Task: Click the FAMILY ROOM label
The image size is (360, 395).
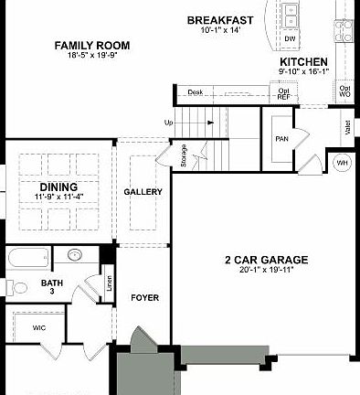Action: coord(91,45)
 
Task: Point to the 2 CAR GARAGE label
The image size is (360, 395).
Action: coord(266,260)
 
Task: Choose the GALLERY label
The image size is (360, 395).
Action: coord(143,192)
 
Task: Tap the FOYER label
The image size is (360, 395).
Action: coord(145,297)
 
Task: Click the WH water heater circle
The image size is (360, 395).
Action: coord(342,162)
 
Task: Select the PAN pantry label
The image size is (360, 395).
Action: coord(281,139)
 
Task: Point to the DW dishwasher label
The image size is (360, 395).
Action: coord(290,39)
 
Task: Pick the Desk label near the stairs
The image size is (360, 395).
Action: coord(195,92)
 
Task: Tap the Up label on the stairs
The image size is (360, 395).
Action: coord(168,123)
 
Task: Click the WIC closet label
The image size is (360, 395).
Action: coord(38,326)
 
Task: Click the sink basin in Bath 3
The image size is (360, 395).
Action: coord(75,255)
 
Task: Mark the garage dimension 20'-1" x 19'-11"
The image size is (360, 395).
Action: coord(266,271)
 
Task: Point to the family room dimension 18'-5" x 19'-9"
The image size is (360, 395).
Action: coord(91,56)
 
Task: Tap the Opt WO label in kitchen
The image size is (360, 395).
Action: coord(344,91)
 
